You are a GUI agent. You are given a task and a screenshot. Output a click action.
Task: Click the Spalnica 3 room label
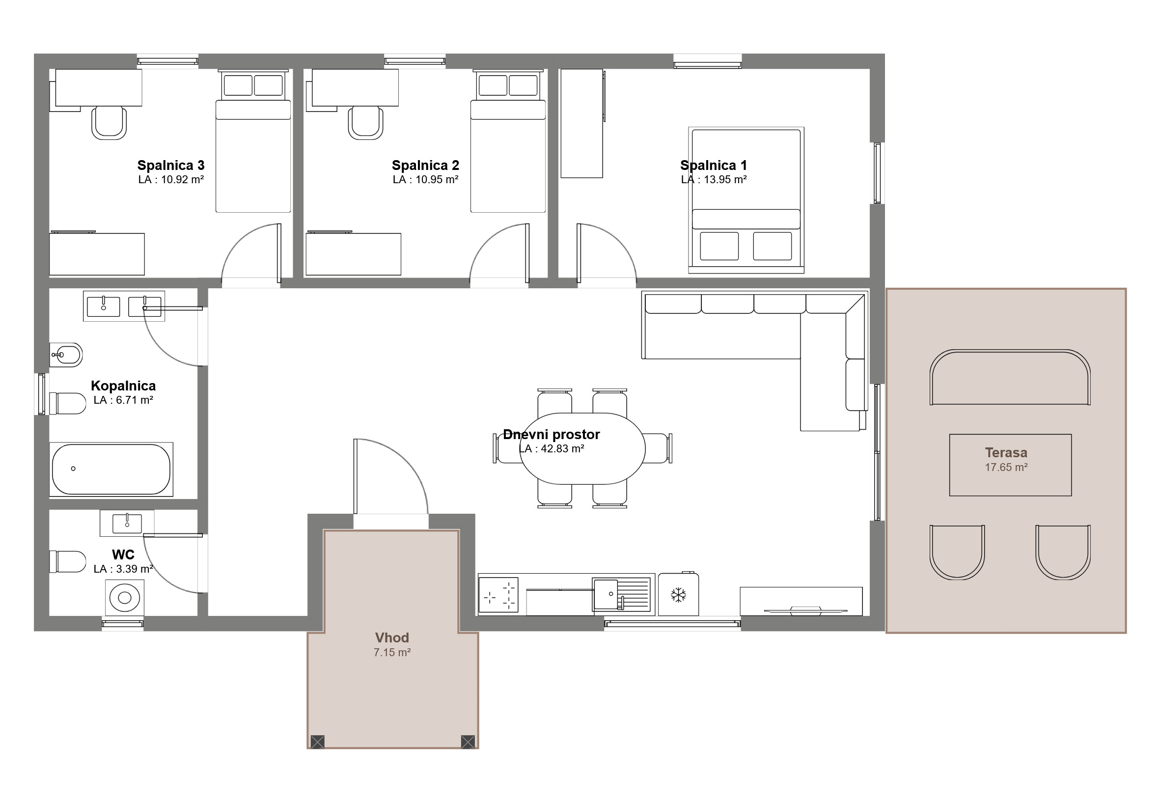click(x=170, y=165)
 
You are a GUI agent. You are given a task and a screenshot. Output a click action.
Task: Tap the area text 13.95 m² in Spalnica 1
click(x=725, y=180)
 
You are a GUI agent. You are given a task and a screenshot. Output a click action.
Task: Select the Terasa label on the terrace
click(x=1006, y=452)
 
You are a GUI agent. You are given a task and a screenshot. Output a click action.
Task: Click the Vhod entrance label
click(x=392, y=637)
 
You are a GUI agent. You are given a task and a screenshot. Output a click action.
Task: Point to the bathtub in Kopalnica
click(x=111, y=469)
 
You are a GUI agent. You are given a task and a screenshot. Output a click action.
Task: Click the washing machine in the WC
click(x=124, y=598)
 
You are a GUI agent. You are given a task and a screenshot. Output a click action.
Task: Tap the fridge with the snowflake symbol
click(x=678, y=594)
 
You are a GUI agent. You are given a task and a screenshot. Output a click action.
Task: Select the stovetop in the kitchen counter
click(x=498, y=595)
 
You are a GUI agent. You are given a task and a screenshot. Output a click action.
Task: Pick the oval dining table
click(x=582, y=448)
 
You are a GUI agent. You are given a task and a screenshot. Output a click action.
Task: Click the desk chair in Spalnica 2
click(x=366, y=122)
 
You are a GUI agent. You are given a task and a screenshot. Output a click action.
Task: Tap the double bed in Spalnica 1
click(x=746, y=200)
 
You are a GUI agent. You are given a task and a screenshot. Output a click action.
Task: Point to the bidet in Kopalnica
click(x=65, y=355)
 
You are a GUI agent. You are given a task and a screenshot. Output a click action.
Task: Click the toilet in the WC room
click(x=67, y=561)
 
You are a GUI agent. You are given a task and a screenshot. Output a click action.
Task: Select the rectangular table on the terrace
click(x=1010, y=465)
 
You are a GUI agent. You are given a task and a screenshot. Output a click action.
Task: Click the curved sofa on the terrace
click(x=1010, y=377)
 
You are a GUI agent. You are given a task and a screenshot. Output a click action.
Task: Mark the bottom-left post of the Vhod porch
click(x=317, y=742)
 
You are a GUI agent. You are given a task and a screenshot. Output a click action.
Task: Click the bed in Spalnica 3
click(x=253, y=141)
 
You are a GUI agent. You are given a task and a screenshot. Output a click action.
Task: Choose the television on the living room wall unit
click(x=805, y=611)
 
